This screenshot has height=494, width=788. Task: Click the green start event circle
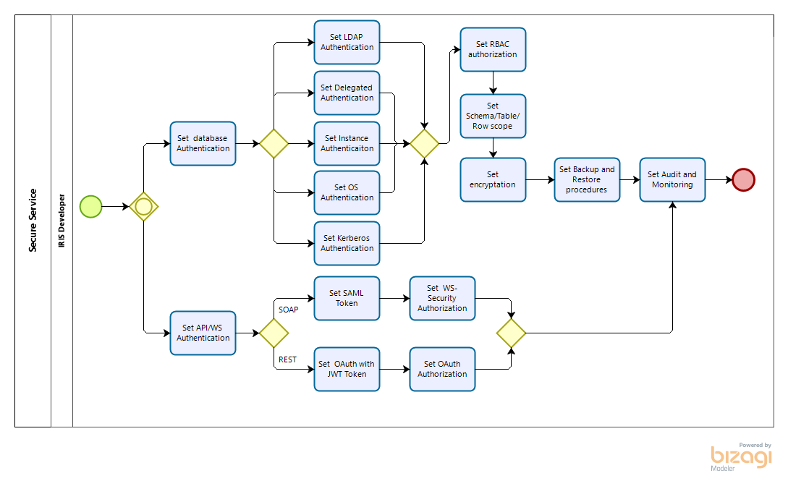pyautogui.click(x=91, y=207)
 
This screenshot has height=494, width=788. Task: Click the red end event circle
pyautogui.click(x=743, y=180)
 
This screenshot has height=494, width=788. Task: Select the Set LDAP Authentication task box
pyautogui.click(x=347, y=42)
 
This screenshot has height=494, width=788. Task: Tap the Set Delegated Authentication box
pyautogui.click(x=347, y=93)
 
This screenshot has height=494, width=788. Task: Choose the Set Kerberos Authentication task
pyautogui.click(x=347, y=243)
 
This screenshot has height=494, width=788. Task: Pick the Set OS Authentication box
pyautogui.click(x=347, y=192)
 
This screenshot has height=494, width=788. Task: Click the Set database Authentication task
pyautogui.click(x=203, y=144)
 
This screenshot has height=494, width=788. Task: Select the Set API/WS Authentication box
pyautogui.click(x=203, y=333)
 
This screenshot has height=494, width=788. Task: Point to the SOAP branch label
pyautogui.click(x=289, y=310)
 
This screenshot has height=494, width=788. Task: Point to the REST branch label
pyautogui.click(x=287, y=359)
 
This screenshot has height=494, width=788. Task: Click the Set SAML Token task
pyautogui.click(x=347, y=298)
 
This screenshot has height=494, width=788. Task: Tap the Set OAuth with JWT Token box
pyautogui.click(x=347, y=369)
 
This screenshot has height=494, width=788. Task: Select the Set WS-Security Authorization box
pyautogui.click(x=442, y=298)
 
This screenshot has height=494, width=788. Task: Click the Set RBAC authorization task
pyautogui.click(x=493, y=49)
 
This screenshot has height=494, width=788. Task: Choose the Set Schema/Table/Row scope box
pyautogui.click(x=493, y=116)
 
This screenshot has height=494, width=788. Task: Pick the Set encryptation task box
pyautogui.click(x=493, y=180)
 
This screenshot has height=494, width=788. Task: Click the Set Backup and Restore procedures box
pyautogui.click(x=587, y=180)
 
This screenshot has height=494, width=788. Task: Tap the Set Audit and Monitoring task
pyautogui.click(x=672, y=180)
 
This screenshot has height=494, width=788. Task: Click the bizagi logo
pyautogui.click(x=741, y=457)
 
